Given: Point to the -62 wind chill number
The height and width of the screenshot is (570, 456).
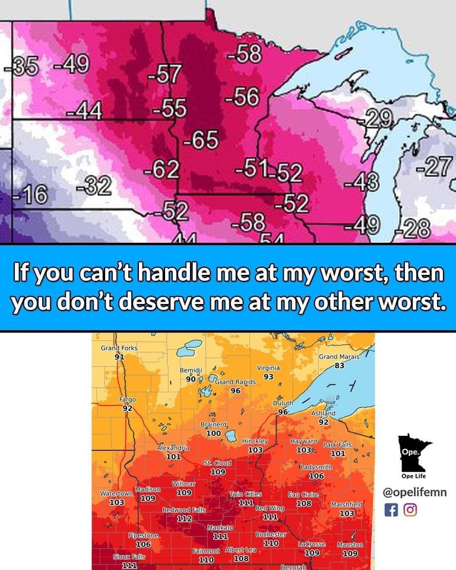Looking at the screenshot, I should pyautogui.click(x=161, y=170).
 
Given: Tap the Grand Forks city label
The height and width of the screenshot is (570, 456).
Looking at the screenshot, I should pyautogui.click(x=119, y=347).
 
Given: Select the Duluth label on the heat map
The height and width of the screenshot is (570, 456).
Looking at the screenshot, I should pyautogui.click(x=283, y=404).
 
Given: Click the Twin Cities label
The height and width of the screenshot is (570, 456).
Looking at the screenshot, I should pyautogui.click(x=245, y=495).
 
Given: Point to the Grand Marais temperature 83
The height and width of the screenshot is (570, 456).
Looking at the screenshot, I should pyautogui.click(x=339, y=366).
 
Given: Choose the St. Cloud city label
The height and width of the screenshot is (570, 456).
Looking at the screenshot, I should pyautogui.click(x=217, y=463).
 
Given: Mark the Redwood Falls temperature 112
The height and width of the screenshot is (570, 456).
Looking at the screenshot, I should pyautogui.click(x=185, y=518).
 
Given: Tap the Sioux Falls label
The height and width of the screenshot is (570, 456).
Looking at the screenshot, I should pyautogui.click(x=129, y=557).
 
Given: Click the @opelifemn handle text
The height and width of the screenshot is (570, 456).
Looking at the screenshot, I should pyautogui.click(x=415, y=492).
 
